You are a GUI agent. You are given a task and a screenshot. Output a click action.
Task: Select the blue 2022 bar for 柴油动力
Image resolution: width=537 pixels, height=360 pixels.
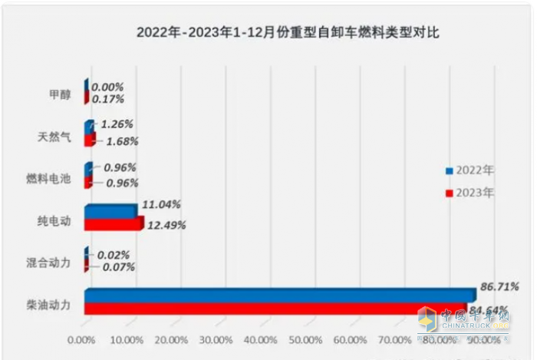tap(280, 296)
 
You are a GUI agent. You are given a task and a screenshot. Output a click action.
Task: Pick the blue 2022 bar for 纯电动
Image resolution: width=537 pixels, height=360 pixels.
tap(110, 212)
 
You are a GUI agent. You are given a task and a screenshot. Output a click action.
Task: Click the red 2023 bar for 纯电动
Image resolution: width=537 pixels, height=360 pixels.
tap(113, 224)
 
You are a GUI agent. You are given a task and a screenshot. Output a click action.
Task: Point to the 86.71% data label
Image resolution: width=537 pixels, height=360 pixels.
tap(499, 286)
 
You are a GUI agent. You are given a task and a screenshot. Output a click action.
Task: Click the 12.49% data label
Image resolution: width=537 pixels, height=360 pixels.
tap(166, 225)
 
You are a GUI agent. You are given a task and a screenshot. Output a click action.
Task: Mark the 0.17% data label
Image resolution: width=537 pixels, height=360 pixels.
tap(107, 98)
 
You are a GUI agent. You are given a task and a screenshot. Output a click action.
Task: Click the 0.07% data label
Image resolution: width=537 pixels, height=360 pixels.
tap(118, 267)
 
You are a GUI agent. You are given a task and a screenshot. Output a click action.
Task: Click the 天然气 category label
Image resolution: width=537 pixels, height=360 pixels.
tap(54, 137)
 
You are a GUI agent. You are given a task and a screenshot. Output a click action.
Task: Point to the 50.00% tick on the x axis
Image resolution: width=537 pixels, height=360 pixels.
tap(305, 339)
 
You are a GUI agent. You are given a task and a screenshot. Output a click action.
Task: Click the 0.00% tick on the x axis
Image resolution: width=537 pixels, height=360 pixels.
tap(81, 339)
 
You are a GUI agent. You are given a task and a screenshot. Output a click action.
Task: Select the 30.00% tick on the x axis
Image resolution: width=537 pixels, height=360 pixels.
tap(216, 339)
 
